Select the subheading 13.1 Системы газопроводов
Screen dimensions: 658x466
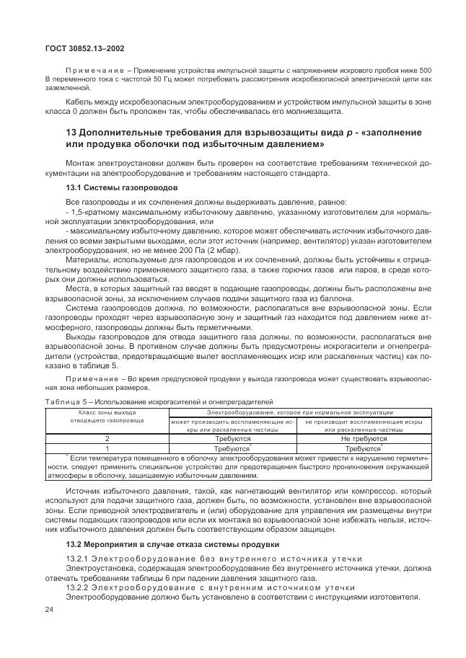click(109, 187)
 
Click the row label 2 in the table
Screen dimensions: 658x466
click(107, 437)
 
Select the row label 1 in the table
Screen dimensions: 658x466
click(107, 447)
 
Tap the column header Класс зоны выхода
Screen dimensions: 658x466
click(107, 411)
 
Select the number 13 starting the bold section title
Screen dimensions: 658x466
click(71, 133)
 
